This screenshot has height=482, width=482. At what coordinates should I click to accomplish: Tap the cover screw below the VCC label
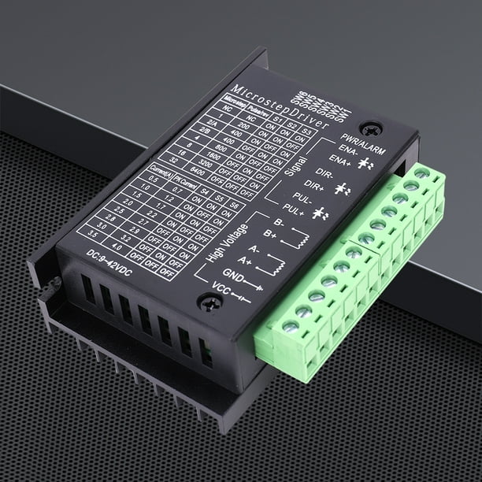tap(207, 302)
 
